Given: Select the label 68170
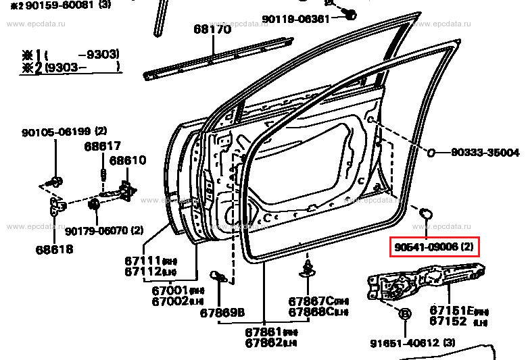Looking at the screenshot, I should [x=212, y=29].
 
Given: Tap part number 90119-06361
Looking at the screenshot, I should [x=296, y=19].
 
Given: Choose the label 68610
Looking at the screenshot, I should [x=128, y=161].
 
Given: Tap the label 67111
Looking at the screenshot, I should [x=141, y=260].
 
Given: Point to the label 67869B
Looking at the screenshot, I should [x=222, y=312].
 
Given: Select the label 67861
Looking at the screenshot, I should [x=262, y=332].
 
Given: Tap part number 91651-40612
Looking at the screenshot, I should [x=407, y=343].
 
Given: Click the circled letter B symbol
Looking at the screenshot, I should [x=405, y=313].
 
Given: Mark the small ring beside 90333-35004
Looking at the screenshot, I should [x=431, y=153].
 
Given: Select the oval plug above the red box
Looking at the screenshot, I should [x=426, y=214].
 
